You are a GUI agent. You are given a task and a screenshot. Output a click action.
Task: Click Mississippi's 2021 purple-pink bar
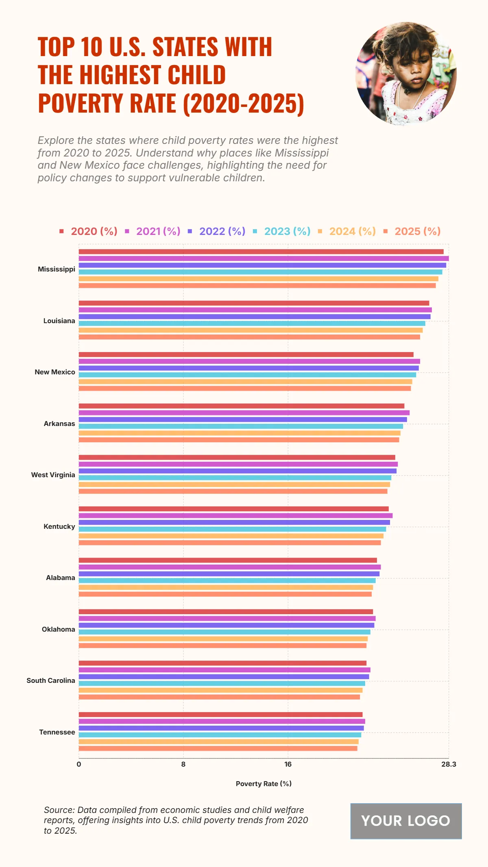click(264, 259)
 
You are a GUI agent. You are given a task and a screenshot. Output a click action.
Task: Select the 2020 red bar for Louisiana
click(254, 303)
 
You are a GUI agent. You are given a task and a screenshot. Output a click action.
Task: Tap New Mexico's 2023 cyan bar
click(247, 375)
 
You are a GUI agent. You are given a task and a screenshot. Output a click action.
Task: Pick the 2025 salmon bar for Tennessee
click(218, 748)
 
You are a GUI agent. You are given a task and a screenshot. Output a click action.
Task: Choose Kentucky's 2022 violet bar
click(234, 522)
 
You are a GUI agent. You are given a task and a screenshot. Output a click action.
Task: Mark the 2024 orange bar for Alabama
click(226, 587)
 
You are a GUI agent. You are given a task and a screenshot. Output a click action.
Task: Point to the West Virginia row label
click(53, 475)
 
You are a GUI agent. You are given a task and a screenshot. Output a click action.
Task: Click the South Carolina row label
click(51, 680)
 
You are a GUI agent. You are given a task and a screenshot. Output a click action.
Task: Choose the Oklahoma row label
click(59, 629)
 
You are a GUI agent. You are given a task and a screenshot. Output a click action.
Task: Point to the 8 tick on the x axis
click(183, 764)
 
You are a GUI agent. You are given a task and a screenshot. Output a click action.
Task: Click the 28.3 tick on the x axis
click(449, 764)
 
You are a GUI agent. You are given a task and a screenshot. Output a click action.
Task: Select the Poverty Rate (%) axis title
click(264, 784)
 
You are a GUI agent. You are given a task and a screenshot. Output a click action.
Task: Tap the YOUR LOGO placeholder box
click(406, 821)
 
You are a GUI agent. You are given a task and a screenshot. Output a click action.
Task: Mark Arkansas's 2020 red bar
click(242, 406)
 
